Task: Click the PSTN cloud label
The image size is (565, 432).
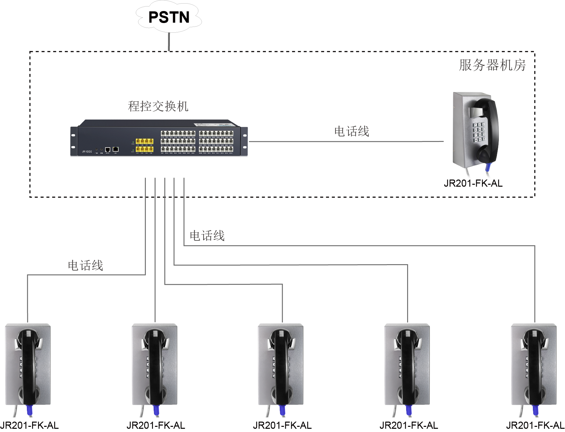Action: (x=169, y=17)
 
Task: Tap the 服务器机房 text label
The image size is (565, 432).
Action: (x=492, y=65)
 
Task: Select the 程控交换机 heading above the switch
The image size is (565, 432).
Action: (x=158, y=106)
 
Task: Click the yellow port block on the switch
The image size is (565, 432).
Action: (x=145, y=145)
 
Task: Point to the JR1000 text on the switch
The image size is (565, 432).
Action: (x=87, y=151)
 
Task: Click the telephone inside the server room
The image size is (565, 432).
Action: (x=475, y=130)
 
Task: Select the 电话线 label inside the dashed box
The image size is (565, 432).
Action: (x=352, y=132)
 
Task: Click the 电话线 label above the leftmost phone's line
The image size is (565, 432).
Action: (x=86, y=266)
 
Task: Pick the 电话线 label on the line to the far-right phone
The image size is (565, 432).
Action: (x=207, y=236)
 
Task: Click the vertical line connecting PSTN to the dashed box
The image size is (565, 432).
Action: (x=169, y=42)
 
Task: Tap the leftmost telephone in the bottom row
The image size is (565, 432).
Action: (x=28, y=365)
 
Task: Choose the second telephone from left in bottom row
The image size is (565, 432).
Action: (x=155, y=365)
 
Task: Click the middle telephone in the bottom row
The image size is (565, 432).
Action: (x=281, y=365)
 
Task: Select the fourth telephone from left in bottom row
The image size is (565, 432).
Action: (x=407, y=365)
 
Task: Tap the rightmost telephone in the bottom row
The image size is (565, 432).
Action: (x=534, y=365)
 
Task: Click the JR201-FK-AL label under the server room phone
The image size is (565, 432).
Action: (x=473, y=183)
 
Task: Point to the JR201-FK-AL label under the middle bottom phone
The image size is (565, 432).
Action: (x=282, y=426)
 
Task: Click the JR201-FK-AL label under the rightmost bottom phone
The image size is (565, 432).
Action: (x=535, y=426)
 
